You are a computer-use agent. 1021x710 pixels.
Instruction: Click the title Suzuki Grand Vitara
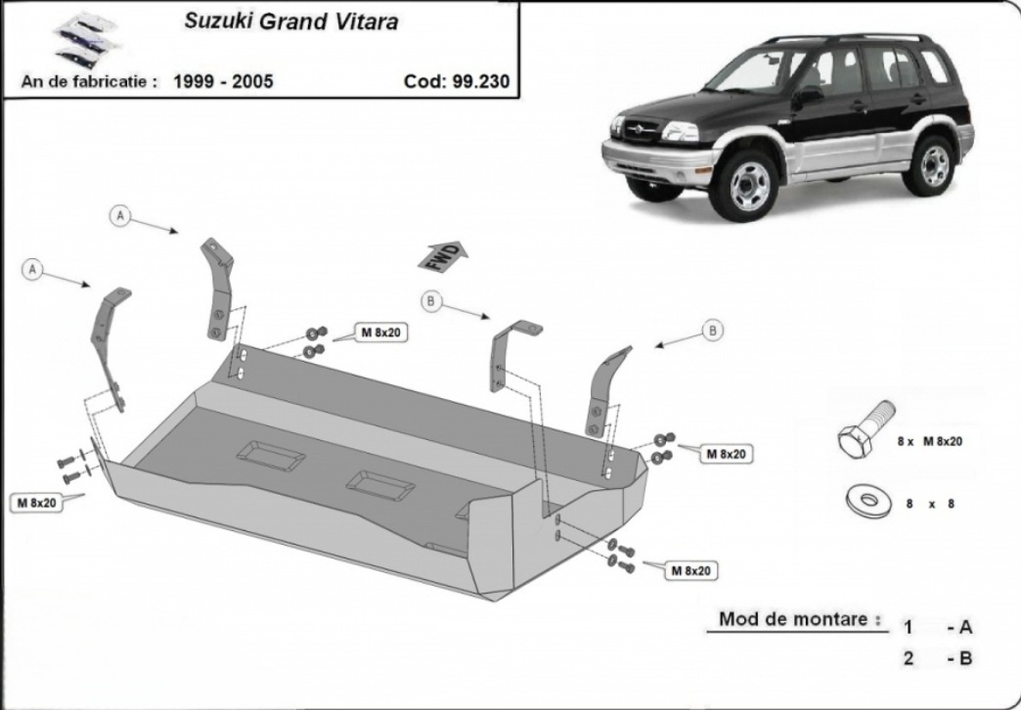coord(291,22)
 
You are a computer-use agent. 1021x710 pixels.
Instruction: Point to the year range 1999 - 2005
coord(223,81)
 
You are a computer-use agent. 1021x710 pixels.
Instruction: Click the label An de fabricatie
coord(89,81)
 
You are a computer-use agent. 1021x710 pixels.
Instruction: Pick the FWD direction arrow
coord(443,256)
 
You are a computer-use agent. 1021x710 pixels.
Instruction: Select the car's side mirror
coord(807,97)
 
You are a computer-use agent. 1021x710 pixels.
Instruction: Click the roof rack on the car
coord(847,38)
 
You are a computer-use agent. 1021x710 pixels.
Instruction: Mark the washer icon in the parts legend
coord(868,501)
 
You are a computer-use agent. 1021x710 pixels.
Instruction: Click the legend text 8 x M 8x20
coord(929,442)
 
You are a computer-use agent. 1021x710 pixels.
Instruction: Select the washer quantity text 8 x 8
coord(930,504)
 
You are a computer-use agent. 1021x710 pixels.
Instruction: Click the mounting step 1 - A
coord(938,627)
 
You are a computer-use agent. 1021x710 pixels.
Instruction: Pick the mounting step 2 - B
coord(938,658)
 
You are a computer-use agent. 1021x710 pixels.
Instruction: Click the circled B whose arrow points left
coord(712,331)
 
